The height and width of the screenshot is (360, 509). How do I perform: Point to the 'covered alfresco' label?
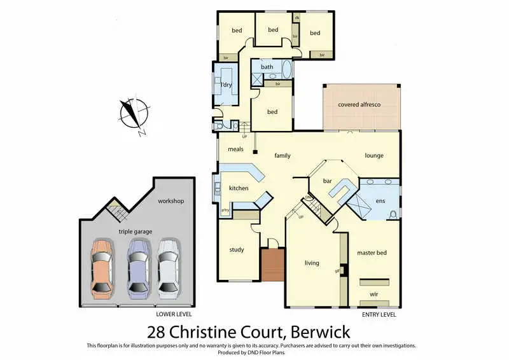(359, 105)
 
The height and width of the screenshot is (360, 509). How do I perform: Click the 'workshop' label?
(171, 201)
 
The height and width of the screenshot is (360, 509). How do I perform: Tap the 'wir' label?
(373, 294)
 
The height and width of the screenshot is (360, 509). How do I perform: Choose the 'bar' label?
(328, 181)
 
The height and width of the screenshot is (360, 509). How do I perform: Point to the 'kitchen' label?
(239, 188)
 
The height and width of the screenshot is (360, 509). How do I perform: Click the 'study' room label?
(237, 249)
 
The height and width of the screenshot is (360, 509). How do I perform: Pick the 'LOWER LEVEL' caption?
(174, 314)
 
